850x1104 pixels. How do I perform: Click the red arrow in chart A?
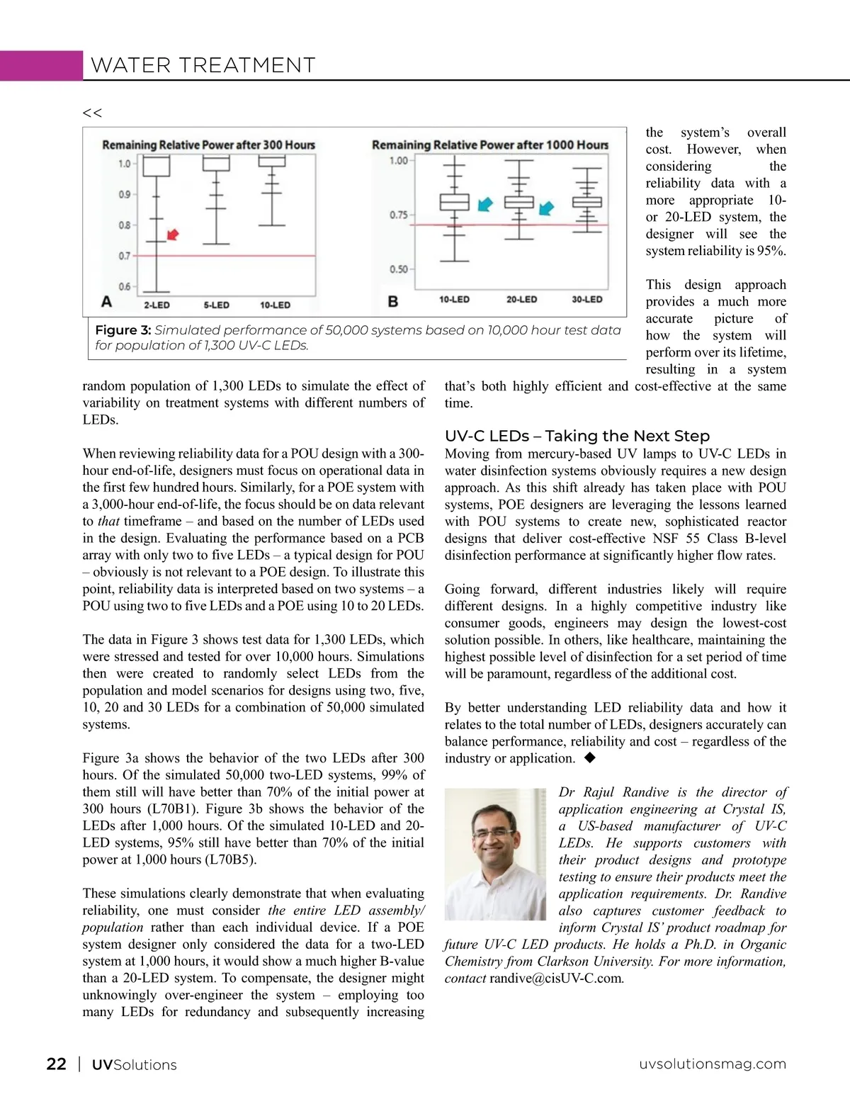172,235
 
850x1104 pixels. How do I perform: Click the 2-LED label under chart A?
157,305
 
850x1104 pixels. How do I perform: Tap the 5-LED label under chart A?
216,305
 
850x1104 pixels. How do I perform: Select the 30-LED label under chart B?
587,300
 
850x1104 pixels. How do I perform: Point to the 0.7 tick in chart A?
125,256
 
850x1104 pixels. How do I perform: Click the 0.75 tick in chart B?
398,215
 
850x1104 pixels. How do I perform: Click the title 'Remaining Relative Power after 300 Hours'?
208,145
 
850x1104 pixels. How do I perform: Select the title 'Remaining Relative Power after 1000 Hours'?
489,145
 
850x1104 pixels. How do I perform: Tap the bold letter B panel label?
393,302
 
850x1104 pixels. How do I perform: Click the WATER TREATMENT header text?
203,66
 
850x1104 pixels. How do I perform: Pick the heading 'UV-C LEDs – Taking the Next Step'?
577,436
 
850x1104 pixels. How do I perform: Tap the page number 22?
57,1064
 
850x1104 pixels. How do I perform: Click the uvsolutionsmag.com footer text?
713,1064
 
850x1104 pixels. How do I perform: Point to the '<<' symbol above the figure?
92,113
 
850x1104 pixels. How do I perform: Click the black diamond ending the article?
589,758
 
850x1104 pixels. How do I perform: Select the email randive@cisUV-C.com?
556,979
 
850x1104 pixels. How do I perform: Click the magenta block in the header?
41,65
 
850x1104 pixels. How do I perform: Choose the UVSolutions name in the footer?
135,1065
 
